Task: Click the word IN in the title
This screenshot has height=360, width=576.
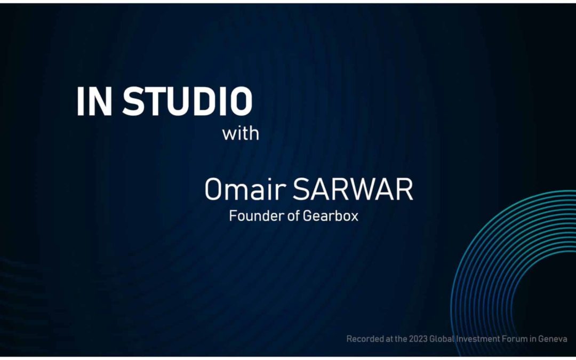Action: point(94,101)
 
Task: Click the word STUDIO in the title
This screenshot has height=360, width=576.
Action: point(187,101)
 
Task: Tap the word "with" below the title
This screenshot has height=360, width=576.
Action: point(241,133)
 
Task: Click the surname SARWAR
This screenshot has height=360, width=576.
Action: point(353,190)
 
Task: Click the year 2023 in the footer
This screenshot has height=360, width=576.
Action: point(417,339)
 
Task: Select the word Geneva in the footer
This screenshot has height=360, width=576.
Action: point(551,339)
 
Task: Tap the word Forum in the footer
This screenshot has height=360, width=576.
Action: point(515,339)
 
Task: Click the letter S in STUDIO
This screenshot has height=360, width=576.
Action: point(134,101)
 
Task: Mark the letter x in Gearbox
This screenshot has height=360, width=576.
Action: point(354,217)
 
